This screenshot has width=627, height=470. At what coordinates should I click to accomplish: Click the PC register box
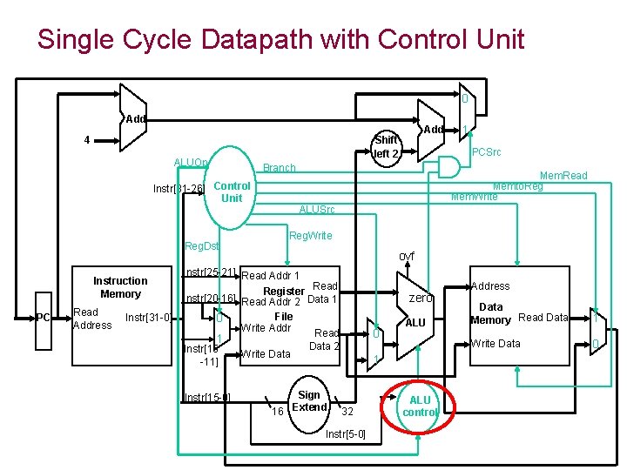[43, 318]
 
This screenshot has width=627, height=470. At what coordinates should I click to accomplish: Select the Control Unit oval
[232, 191]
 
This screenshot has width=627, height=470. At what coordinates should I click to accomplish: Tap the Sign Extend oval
[309, 401]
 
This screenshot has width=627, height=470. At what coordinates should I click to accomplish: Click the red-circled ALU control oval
[420, 406]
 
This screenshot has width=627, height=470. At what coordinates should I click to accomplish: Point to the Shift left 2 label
[386, 147]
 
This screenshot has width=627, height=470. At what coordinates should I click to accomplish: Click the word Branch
[280, 168]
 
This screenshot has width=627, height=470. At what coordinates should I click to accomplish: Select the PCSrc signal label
[485, 153]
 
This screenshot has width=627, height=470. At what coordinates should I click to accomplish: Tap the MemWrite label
[475, 197]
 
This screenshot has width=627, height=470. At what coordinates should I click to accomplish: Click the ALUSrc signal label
[317, 210]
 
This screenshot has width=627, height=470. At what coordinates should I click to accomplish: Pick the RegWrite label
[309, 236]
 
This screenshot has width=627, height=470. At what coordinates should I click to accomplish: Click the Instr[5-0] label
[345, 433]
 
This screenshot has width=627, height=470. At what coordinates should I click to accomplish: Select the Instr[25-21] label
[209, 273]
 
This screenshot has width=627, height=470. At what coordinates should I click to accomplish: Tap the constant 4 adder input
[86, 139]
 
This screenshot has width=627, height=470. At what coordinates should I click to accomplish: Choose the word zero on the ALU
[421, 298]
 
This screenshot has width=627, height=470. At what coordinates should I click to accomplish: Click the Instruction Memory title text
[120, 287]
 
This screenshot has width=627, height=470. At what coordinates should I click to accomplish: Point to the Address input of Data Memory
[490, 285]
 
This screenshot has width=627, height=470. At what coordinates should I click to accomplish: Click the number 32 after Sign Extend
[347, 411]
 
